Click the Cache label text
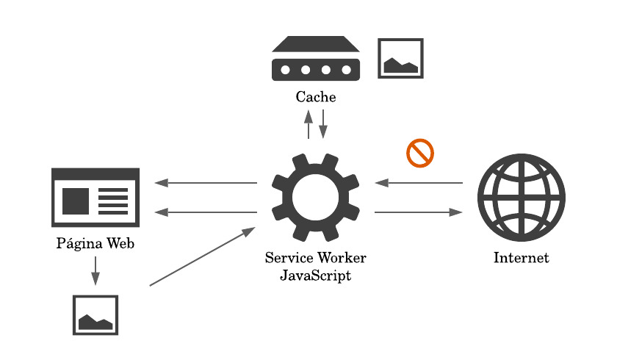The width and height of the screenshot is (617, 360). click(316, 96)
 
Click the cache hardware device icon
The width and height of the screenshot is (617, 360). click(316, 58)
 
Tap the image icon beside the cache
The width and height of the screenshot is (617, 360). click(400, 58)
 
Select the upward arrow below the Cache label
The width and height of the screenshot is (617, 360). click(308, 124)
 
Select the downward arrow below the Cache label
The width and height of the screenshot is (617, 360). click(323, 124)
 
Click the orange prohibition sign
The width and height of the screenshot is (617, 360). click(420, 153)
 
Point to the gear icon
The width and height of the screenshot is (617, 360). click(316, 198)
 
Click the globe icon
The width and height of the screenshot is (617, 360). click(521, 198)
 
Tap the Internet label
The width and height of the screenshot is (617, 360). click(521, 258)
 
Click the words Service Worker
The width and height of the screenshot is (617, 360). click(316, 258)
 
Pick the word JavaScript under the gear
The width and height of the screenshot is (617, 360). click(316, 276)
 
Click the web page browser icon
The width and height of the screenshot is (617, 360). click(95, 197)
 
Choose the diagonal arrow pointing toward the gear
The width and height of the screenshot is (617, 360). click(202, 256)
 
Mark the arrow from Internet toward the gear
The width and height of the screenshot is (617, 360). click(419, 183)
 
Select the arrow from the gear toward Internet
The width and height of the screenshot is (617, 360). click(419, 212)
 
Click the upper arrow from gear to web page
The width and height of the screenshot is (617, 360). click(206, 183)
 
